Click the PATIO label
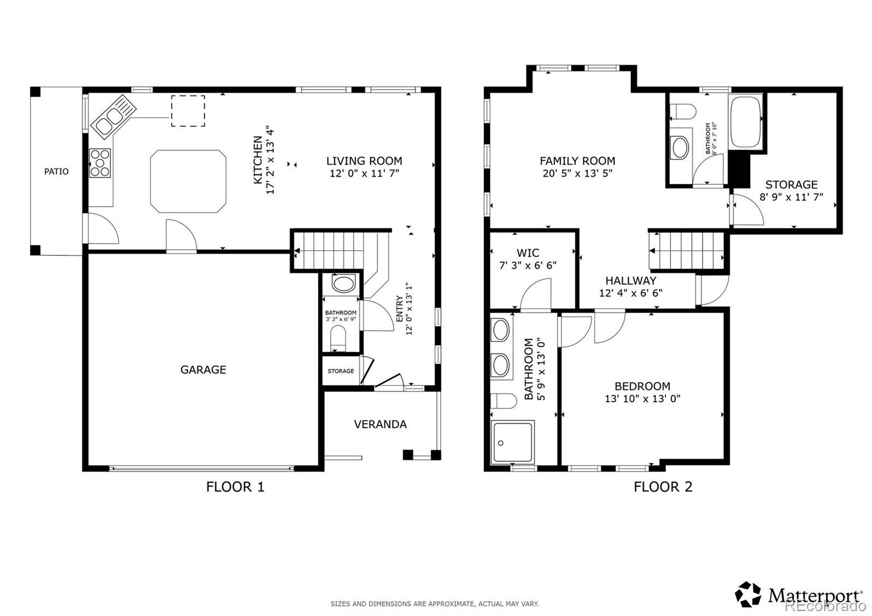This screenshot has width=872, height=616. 56,171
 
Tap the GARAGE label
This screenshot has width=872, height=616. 203,370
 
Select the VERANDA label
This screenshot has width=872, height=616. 380,424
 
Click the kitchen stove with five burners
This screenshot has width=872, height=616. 100,163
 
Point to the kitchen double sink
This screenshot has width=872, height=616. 113,117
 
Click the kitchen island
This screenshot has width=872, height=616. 188,181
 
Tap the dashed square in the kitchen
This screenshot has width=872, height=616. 188,111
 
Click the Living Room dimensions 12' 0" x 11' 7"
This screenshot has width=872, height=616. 365,173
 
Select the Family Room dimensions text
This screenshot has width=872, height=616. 577,173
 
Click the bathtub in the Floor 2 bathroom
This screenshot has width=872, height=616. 746,122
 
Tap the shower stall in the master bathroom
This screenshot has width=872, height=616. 513,442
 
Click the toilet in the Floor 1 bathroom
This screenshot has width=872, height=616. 338,338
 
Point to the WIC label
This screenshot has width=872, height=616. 528,253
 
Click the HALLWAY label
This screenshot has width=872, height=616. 631,280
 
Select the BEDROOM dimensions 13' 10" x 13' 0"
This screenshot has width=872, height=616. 643,398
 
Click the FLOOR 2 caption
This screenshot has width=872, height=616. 663,487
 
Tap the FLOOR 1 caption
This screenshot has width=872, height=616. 235,487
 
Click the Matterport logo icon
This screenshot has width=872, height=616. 748,595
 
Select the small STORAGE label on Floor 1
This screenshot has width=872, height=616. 341,371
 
